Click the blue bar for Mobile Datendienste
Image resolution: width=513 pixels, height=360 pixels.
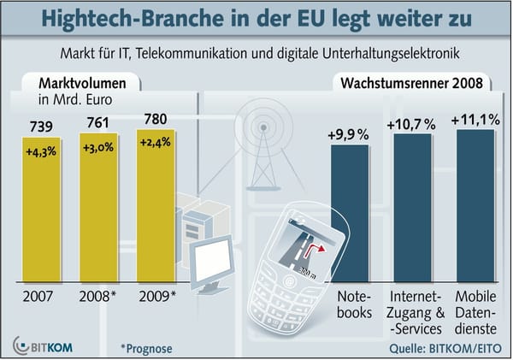click(475, 214)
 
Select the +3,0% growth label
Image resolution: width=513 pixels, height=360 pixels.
click(102, 148)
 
